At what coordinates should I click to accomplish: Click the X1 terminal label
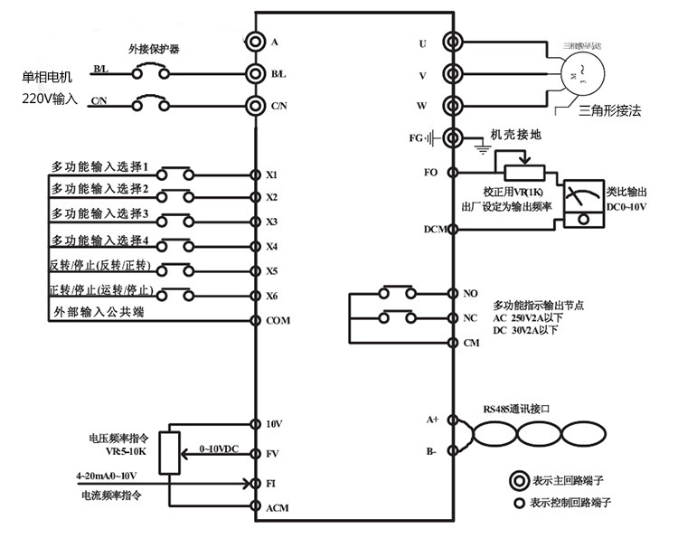[272, 175]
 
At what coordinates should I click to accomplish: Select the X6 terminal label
[272, 296]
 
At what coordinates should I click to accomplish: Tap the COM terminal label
[278, 320]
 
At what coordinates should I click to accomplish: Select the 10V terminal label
[274, 424]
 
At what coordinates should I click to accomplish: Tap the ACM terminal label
[277, 508]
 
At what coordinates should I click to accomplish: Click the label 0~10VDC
[220, 448]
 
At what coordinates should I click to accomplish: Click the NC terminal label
[470, 318]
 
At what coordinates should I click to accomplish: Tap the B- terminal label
[432, 449]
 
